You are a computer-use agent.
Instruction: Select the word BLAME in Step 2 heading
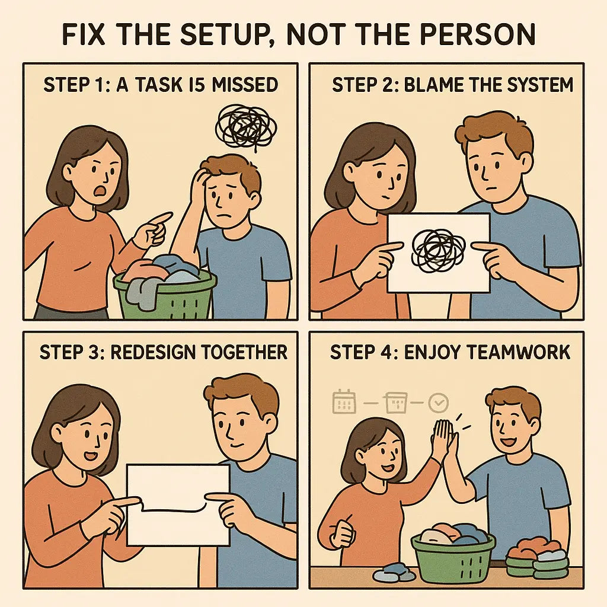coord(433,85)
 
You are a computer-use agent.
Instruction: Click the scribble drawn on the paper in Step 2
coord(439,251)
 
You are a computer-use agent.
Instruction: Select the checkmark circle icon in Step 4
coord(439,404)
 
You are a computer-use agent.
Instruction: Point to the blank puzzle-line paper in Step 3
coord(178,504)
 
